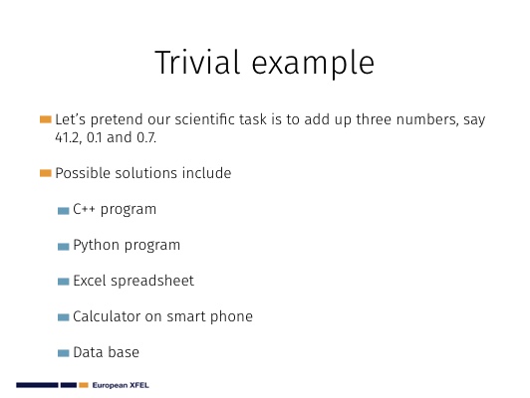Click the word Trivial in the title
pyautogui.click(x=197, y=62)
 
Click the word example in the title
pyautogui.click(x=313, y=65)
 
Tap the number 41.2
pyautogui.click(x=68, y=137)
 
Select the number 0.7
pyautogui.click(x=146, y=137)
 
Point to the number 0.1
pyautogui.click(x=95, y=137)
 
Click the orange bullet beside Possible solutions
pyautogui.click(x=45, y=173)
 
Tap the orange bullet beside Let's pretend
pyautogui.click(x=45, y=119)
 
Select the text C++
pyautogui.click(x=84, y=209)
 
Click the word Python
pyautogui.click(x=96, y=246)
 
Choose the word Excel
pyautogui.click(x=90, y=281)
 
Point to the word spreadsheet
pyautogui.click(x=152, y=282)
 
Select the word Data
pyautogui.click(x=88, y=352)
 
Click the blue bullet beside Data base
pyautogui.click(x=63, y=353)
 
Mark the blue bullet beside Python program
pyautogui.click(x=63, y=247)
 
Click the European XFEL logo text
pyautogui.click(x=121, y=385)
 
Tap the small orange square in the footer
pyautogui.click(x=84, y=385)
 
